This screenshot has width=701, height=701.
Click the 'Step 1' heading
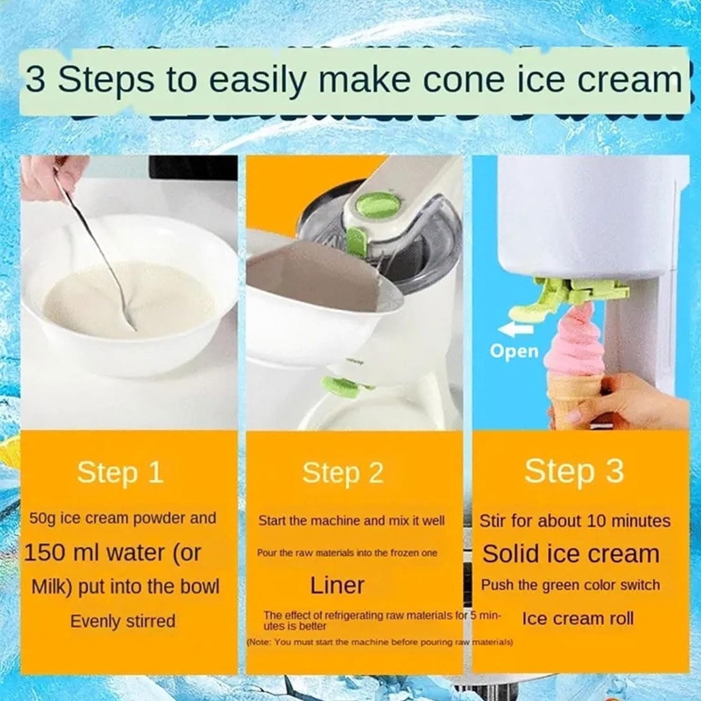[x=120, y=472]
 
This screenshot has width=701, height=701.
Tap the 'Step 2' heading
[x=343, y=473]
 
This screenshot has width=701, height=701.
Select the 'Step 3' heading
[x=574, y=471]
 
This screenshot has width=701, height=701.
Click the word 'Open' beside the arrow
[x=514, y=352]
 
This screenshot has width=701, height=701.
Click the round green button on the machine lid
[x=379, y=205]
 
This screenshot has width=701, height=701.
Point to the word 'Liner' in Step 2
[x=337, y=585]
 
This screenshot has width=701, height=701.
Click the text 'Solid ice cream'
[x=570, y=554]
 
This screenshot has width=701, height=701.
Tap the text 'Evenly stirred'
[x=123, y=622]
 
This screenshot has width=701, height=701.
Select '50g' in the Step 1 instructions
[x=43, y=518]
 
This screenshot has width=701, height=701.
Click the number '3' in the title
[x=36, y=81]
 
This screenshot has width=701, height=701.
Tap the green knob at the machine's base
[x=342, y=387]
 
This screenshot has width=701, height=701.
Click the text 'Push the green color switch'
[x=570, y=585]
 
